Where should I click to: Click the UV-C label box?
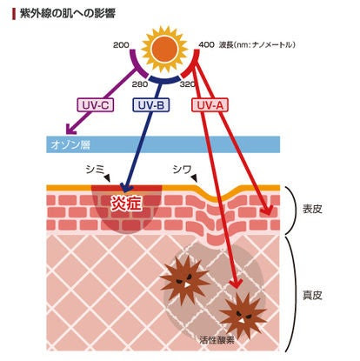[x=95, y=104]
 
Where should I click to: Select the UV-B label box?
[x=150, y=104]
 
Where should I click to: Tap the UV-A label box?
[x=210, y=104]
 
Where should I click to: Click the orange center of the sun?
[x=164, y=48]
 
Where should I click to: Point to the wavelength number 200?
[x=121, y=45]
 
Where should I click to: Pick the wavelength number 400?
[x=206, y=45]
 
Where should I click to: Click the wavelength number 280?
[x=140, y=84]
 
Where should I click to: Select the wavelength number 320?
[x=188, y=84]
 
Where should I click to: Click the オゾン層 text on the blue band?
[x=70, y=144]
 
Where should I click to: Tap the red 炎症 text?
[x=127, y=202]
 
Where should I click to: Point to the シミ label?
[x=95, y=169]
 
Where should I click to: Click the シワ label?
[x=182, y=169]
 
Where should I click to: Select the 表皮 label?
[x=312, y=209]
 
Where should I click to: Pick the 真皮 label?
[x=312, y=295]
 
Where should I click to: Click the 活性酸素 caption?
[x=217, y=340]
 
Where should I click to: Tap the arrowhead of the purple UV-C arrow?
[x=70, y=130]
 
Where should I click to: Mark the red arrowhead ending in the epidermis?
[x=268, y=211]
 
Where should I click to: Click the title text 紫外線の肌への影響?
[x=68, y=13]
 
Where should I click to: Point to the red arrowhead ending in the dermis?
[x=237, y=284]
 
